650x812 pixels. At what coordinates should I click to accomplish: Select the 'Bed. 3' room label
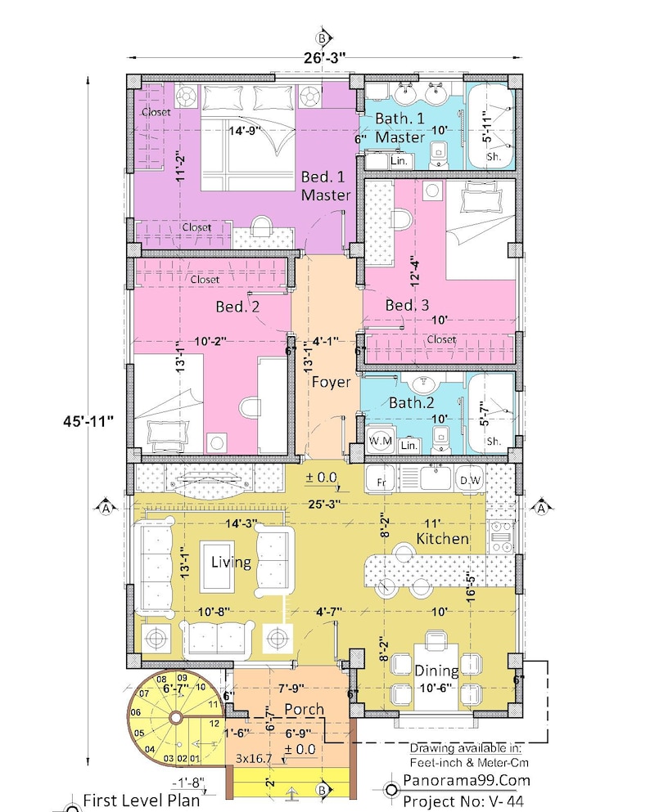point(407,305)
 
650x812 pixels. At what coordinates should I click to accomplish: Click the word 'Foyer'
point(330,382)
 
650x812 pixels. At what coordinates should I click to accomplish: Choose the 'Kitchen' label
point(442,539)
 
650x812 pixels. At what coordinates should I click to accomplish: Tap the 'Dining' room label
point(436,670)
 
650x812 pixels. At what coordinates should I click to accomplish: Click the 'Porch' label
point(304,709)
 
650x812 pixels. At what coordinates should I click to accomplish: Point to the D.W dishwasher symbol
point(470,480)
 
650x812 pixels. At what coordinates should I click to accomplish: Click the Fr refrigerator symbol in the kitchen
point(381,482)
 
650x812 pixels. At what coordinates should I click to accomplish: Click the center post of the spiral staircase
point(174,717)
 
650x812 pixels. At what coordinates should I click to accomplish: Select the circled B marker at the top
point(324,38)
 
